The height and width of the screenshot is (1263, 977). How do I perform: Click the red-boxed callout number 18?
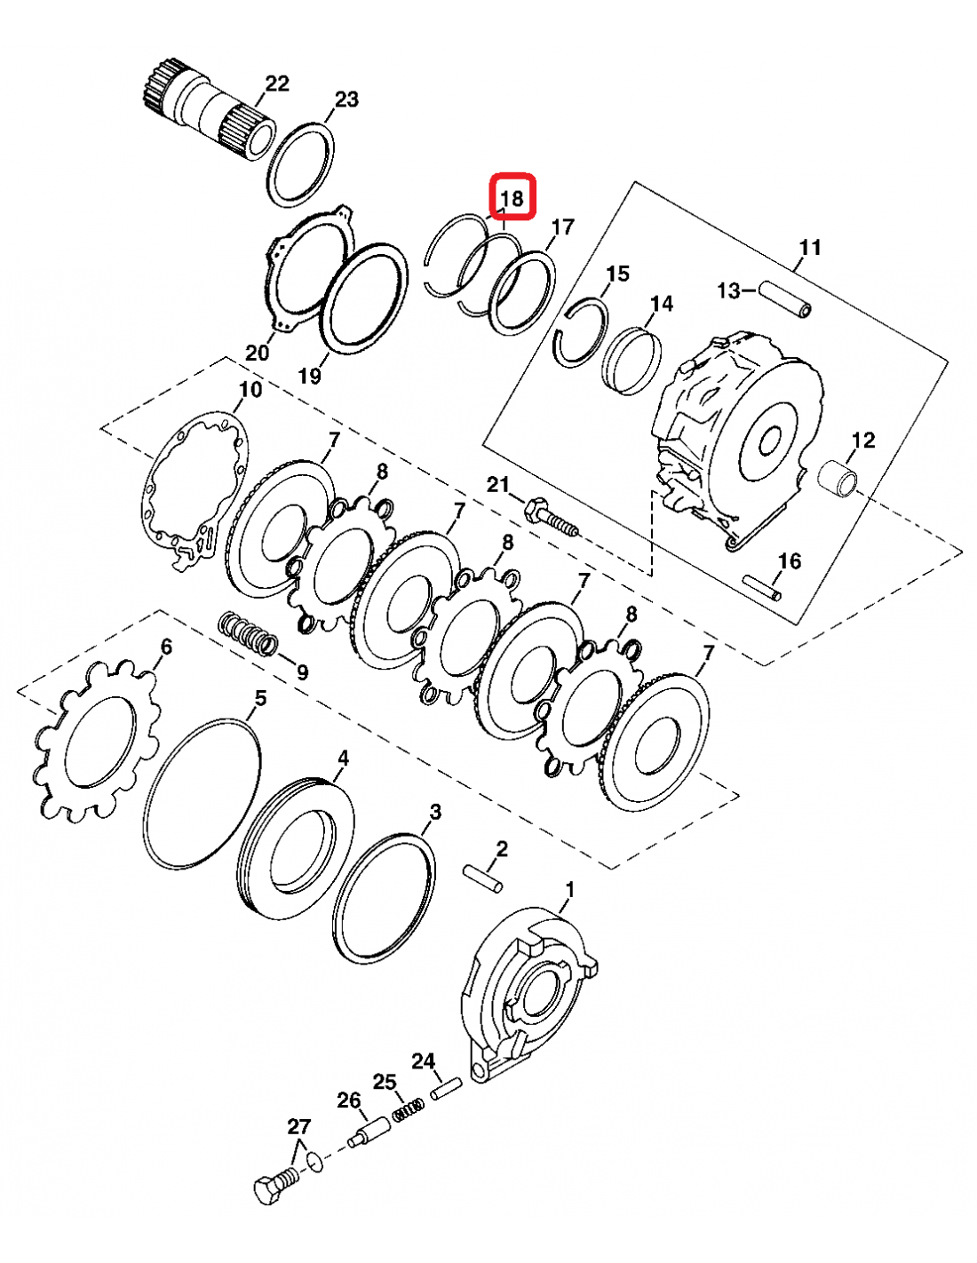pyautogui.click(x=512, y=197)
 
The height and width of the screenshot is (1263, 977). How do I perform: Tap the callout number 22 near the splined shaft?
pyautogui.click(x=277, y=83)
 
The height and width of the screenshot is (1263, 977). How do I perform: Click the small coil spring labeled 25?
pyautogui.click(x=409, y=1108)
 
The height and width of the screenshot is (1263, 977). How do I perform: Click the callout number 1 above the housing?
pyautogui.click(x=569, y=889)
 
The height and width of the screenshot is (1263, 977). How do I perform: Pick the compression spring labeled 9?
pyautogui.click(x=249, y=634)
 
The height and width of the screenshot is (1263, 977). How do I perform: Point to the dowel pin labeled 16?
pyautogui.click(x=763, y=588)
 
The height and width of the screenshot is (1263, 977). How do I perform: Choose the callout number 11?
pyautogui.click(x=810, y=247)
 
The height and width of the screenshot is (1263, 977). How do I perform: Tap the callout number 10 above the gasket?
pyautogui.click(x=250, y=390)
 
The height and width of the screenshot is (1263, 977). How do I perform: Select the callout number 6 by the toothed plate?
pyautogui.click(x=165, y=647)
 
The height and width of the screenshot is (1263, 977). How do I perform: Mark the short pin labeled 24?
pyautogui.click(x=446, y=1089)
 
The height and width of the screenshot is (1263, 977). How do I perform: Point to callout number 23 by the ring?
pyautogui.click(x=346, y=99)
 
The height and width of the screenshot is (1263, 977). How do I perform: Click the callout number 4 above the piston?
pyautogui.click(x=343, y=758)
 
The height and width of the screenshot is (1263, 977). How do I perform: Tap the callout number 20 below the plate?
pyautogui.click(x=257, y=353)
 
